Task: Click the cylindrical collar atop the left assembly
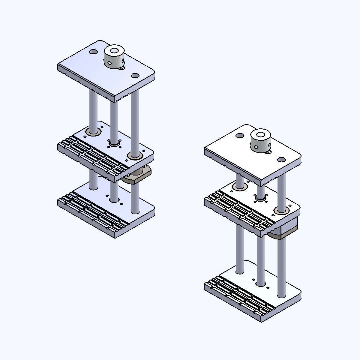point(114,60)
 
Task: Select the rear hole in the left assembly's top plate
point(93,52)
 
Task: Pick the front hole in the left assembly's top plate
point(135,75)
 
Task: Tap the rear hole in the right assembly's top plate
point(240,136)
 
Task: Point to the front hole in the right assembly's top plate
point(281,159)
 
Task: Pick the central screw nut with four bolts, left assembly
point(114,144)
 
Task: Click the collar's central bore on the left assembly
point(114,50)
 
